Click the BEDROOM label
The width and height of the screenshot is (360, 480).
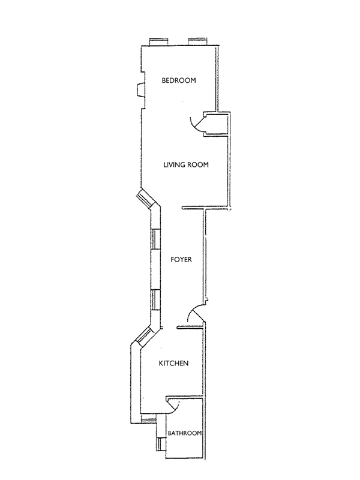point(179,80)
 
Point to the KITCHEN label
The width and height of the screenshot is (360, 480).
point(174,364)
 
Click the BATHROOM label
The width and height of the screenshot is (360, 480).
point(184,433)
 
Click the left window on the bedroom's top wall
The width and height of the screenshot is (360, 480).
point(158,41)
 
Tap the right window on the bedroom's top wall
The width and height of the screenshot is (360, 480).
point(198,41)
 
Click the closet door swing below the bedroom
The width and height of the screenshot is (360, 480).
point(194,122)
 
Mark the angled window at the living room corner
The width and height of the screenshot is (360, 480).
point(146,200)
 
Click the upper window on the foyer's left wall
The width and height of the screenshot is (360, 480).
point(155,238)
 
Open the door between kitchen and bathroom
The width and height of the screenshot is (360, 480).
point(174,407)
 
